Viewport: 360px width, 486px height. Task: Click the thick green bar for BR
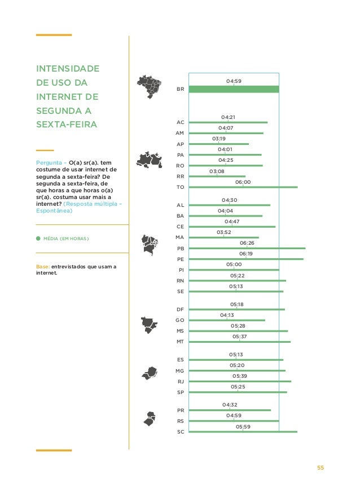[234, 89]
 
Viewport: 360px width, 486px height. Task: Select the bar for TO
[243, 187]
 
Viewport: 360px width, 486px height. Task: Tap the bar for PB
[247, 248]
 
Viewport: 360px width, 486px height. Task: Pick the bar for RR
[217, 176]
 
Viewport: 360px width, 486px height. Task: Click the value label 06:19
[246, 254]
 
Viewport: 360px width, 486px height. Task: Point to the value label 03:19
[219, 139]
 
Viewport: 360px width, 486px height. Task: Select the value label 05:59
[243, 427]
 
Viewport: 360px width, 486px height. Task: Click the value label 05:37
[240, 337]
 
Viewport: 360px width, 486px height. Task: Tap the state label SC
[181, 432]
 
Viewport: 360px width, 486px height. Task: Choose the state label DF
[181, 310]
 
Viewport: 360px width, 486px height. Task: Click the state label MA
[181, 238]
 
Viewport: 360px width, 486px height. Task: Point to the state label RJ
[181, 382]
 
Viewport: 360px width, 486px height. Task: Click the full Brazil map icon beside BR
[150, 86]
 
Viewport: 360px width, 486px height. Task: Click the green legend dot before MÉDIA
[38, 238]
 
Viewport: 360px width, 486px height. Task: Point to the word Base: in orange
[43, 266]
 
